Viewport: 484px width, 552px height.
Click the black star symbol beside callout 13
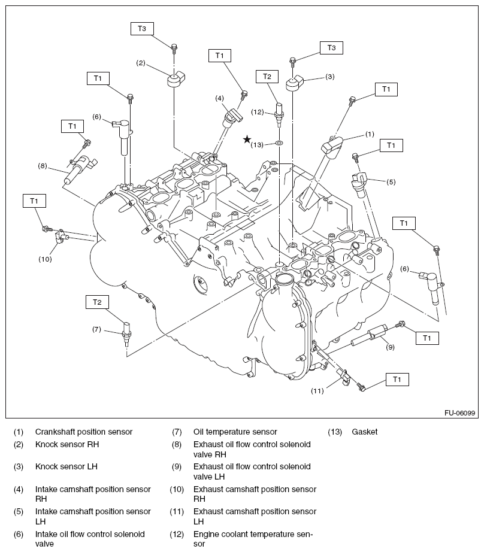click(x=247, y=139)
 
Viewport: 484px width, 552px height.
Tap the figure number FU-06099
click(x=459, y=413)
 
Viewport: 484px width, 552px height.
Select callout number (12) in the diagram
click(x=258, y=112)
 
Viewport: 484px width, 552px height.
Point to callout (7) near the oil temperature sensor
click(x=97, y=329)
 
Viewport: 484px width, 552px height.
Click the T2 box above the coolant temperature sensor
click(x=267, y=76)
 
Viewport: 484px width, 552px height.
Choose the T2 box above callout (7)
click(x=97, y=302)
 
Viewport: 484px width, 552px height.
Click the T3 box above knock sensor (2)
click(x=142, y=28)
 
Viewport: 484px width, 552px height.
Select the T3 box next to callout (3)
click(x=331, y=48)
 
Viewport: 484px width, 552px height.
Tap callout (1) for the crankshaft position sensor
click(x=370, y=134)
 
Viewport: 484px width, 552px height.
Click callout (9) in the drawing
click(x=389, y=345)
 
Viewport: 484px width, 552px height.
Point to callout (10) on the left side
click(x=46, y=259)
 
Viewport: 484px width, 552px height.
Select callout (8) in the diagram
click(x=42, y=166)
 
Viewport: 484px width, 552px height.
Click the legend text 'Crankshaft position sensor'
click(x=84, y=432)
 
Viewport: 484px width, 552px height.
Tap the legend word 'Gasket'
click(x=365, y=432)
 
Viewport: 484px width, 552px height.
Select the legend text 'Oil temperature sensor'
click(x=235, y=432)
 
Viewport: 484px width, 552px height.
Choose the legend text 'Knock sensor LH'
click(x=66, y=466)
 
